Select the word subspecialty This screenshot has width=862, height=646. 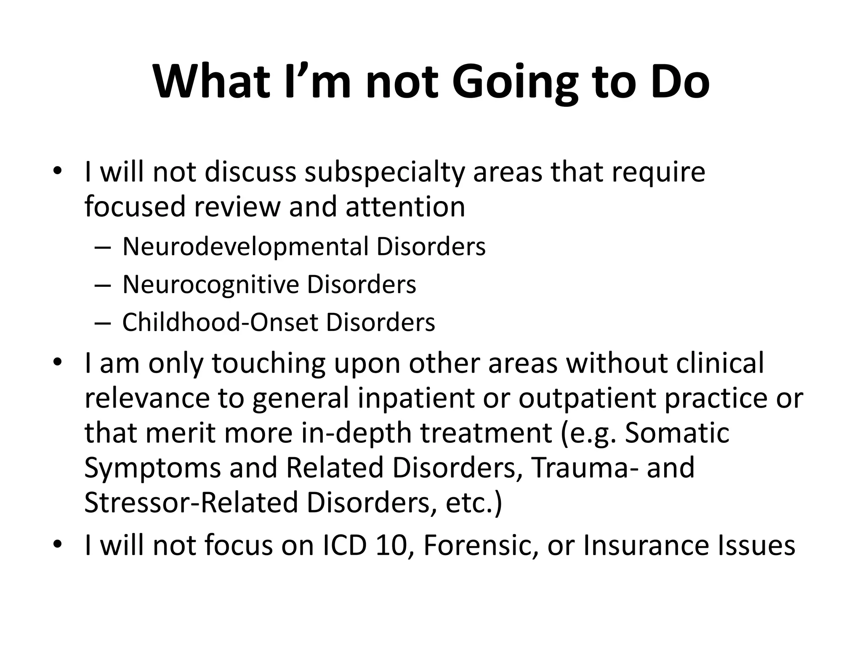click(x=384, y=173)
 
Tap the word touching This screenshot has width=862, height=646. click(x=269, y=364)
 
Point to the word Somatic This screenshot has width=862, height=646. click(x=677, y=433)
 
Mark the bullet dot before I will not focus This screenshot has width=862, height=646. click(x=58, y=545)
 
